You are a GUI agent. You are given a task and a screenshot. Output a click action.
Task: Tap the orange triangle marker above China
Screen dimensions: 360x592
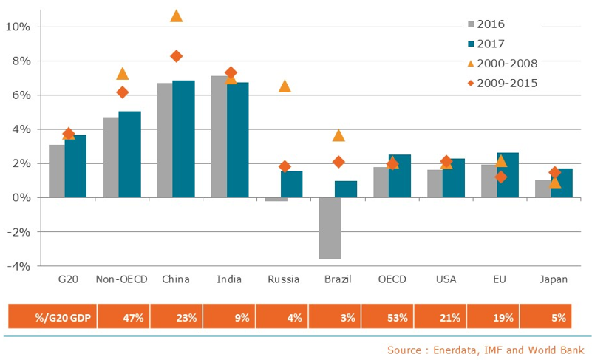(x=177, y=16)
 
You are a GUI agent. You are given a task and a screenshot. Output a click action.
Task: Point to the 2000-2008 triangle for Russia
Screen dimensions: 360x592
(x=285, y=86)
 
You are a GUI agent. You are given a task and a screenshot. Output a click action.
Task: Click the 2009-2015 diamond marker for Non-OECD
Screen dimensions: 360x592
(x=123, y=92)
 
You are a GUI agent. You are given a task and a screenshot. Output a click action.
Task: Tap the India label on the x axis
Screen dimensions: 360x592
(x=229, y=279)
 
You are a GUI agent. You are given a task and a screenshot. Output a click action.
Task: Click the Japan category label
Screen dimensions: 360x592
(x=554, y=279)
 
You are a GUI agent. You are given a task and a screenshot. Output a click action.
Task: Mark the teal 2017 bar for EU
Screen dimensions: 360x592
(x=507, y=175)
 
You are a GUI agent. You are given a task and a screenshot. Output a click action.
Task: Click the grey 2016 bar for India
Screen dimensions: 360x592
(x=220, y=137)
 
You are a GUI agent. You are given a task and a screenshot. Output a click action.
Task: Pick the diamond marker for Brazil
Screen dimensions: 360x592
(x=338, y=162)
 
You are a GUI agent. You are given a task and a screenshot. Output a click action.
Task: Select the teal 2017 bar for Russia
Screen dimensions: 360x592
(x=291, y=184)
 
